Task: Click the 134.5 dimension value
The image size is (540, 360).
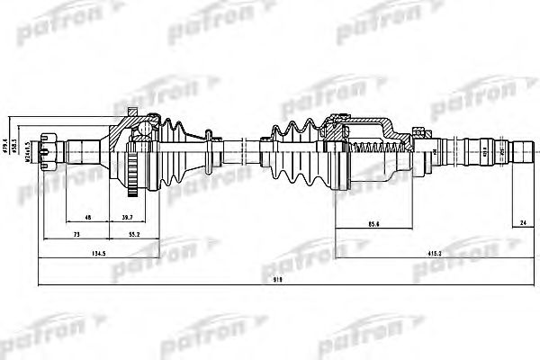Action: point(74,255)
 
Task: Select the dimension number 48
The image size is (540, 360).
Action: point(86,218)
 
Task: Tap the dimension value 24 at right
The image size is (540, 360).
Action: point(523,222)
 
